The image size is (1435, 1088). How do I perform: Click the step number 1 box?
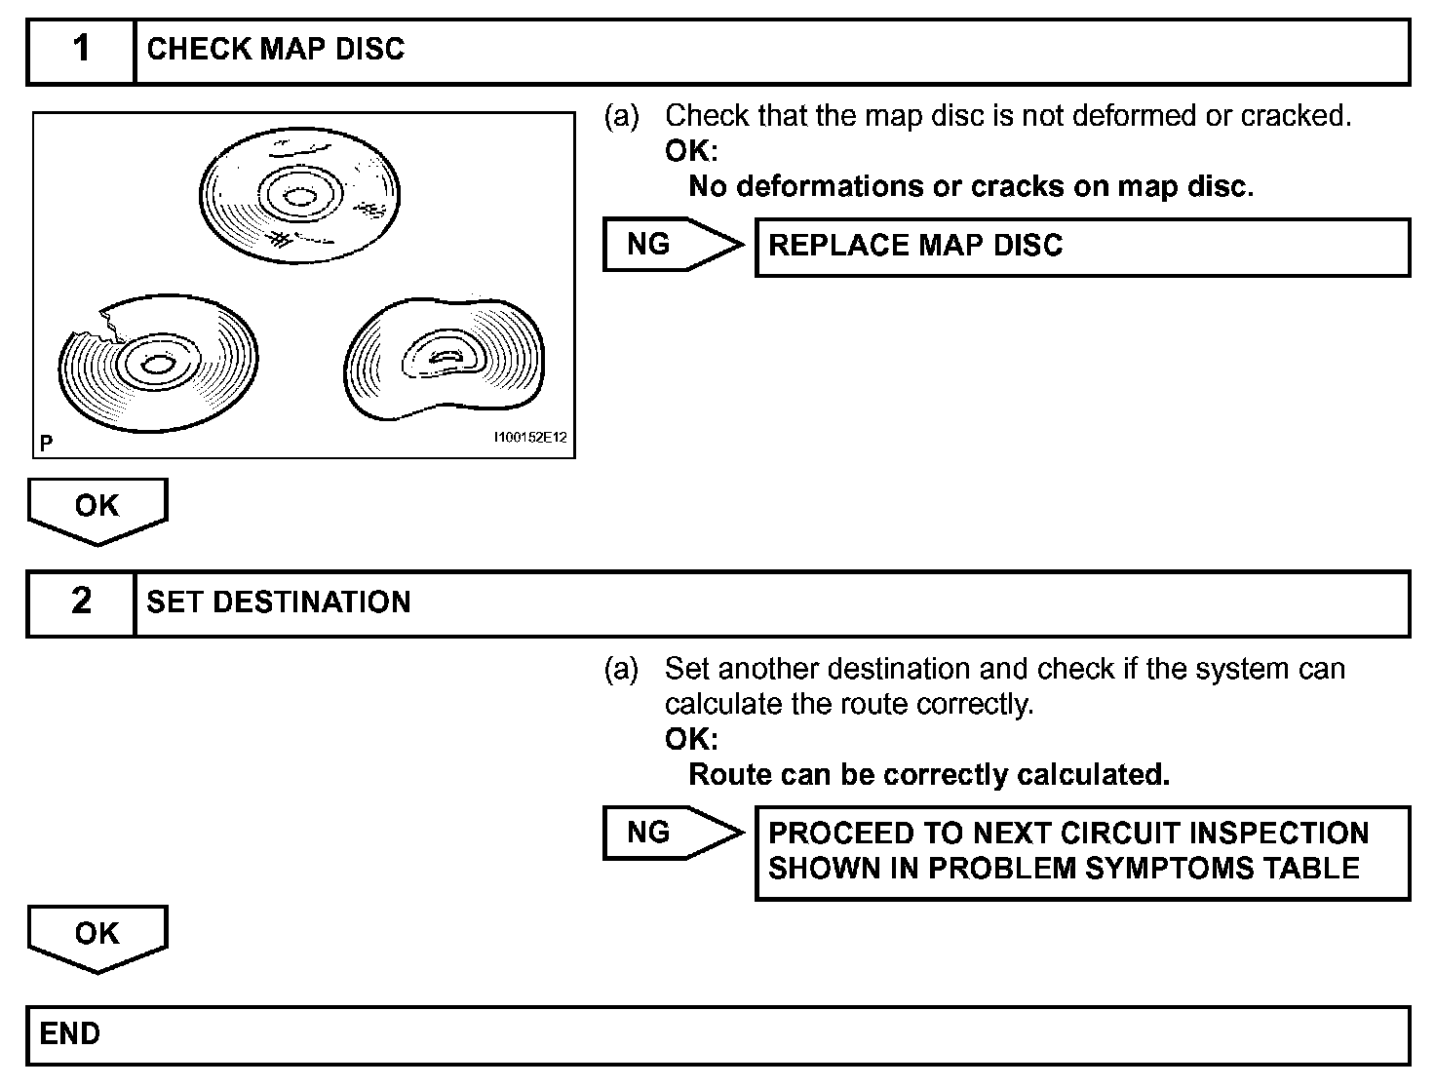(x=81, y=51)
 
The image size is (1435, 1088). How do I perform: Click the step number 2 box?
(x=81, y=602)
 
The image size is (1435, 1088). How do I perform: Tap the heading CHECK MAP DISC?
(x=275, y=50)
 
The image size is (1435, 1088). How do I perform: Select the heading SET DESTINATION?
(x=278, y=602)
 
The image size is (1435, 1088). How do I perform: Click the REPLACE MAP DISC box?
(x=1082, y=247)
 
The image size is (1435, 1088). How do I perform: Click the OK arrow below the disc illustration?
(x=97, y=508)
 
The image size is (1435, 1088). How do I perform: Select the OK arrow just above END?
(x=97, y=936)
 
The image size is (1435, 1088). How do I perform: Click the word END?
(x=70, y=1033)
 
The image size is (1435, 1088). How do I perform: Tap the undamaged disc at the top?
(x=300, y=193)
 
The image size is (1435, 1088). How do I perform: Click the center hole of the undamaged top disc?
(x=300, y=198)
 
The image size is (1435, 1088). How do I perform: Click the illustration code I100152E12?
(x=530, y=439)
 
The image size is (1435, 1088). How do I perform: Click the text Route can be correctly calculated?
(x=928, y=775)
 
